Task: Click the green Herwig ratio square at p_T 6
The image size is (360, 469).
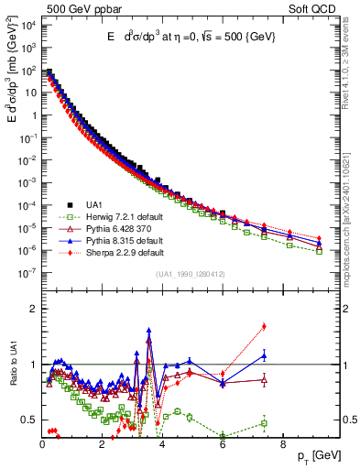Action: (223, 436)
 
